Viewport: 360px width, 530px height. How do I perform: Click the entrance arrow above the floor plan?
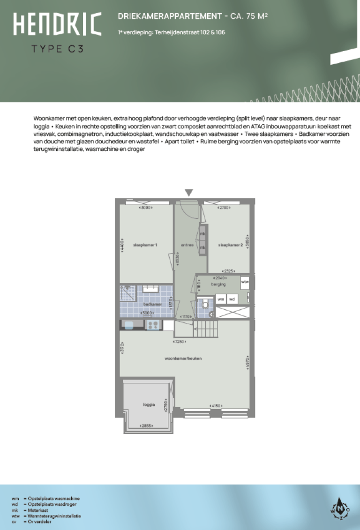pyautogui.click(x=189, y=193)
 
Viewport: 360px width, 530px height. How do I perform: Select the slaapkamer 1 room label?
pyautogui.click(x=145, y=245)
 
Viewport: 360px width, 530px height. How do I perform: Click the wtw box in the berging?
pyautogui.click(x=245, y=282)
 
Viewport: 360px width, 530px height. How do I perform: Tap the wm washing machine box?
pyautogui.click(x=220, y=299)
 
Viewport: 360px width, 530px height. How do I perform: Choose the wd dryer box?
pyautogui.click(x=232, y=299)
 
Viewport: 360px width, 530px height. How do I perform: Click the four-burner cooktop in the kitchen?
pyautogui.click(x=153, y=325)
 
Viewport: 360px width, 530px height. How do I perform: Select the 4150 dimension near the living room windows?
pyautogui.click(x=216, y=405)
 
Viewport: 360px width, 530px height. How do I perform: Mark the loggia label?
pyautogui.click(x=149, y=403)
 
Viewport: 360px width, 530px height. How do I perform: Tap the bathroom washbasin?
pyautogui.click(x=150, y=288)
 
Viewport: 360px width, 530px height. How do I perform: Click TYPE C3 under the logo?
pyautogui.click(x=57, y=48)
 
